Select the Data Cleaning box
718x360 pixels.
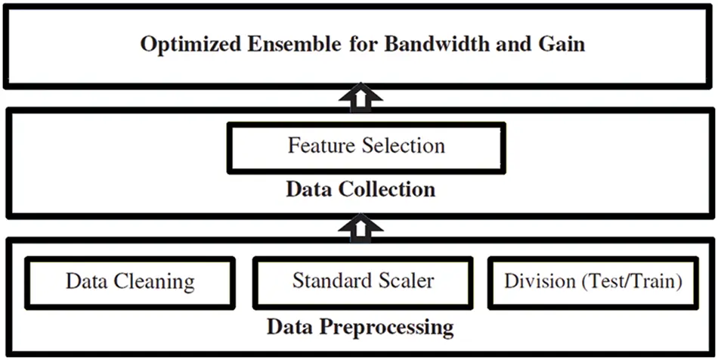[130, 283]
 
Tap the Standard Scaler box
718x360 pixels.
[363, 283]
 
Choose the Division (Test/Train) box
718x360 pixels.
[593, 283]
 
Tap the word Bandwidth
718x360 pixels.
[429, 44]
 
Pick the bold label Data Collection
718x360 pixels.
[361, 189]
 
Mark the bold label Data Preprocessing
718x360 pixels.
[361, 328]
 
